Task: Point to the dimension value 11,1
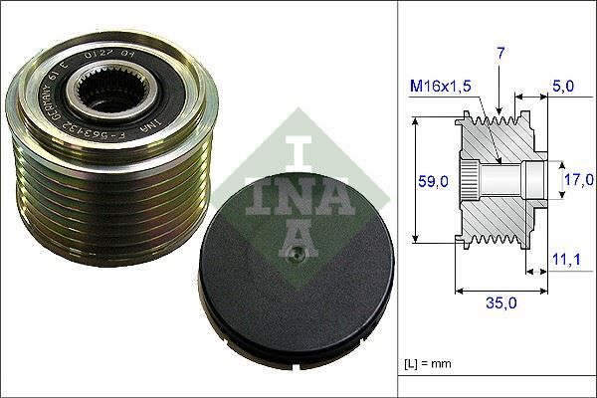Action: click(x=566, y=259)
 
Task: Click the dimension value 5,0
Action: click(x=563, y=88)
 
